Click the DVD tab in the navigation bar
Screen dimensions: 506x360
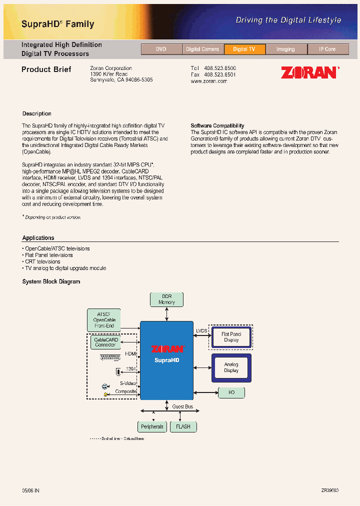point(161,49)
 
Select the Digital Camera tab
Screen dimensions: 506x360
point(202,49)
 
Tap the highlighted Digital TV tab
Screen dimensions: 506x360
point(244,49)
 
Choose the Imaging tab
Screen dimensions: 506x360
point(285,49)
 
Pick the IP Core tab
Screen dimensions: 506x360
point(327,49)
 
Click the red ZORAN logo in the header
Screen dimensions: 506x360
point(309,72)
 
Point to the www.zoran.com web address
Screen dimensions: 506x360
point(209,81)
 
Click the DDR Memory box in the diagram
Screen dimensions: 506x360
point(167,299)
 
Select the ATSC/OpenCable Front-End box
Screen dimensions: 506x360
point(104,319)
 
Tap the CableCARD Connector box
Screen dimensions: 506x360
point(105,342)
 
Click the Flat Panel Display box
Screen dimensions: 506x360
point(231,337)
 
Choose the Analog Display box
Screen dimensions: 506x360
point(231,367)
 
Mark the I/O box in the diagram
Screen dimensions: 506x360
point(231,392)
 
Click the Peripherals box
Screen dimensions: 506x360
point(152,426)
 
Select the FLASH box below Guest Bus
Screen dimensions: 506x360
point(183,426)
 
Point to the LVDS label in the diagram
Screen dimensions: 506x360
point(201,330)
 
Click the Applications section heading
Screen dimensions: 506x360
point(38,238)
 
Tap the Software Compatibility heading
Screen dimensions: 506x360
point(217,125)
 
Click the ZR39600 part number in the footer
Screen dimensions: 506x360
point(329,491)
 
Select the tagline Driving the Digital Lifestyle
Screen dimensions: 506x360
point(288,20)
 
